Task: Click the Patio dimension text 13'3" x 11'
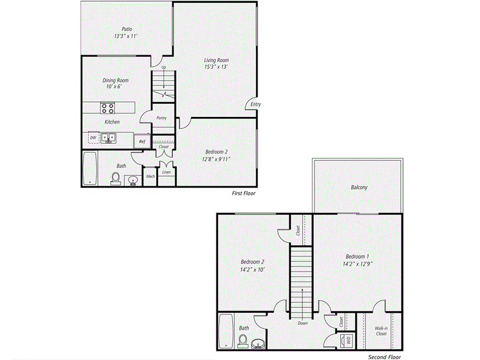pyautogui.click(x=126, y=36)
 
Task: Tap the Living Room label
pyautogui.click(x=216, y=60)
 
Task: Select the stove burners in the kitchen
pyautogui.click(x=107, y=108)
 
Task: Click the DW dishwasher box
pyautogui.click(x=93, y=138)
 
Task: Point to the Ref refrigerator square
pyautogui.click(x=141, y=141)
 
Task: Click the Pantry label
pyautogui.click(x=162, y=118)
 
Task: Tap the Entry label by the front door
pyautogui.click(x=255, y=105)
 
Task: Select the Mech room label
pyautogui.click(x=150, y=176)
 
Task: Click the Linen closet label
pyautogui.click(x=166, y=172)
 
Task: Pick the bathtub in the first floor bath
pyautogui.click(x=89, y=168)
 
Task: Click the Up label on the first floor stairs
pyautogui.click(x=164, y=67)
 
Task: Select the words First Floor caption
pyautogui.click(x=244, y=193)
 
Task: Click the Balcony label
pyautogui.click(x=359, y=187)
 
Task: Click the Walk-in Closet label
pyautogui.click(x=381, y=331)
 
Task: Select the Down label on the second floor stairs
pyautogui.click(x=302, y=323)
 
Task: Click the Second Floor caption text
pyautogui.click(x=384, y=357)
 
